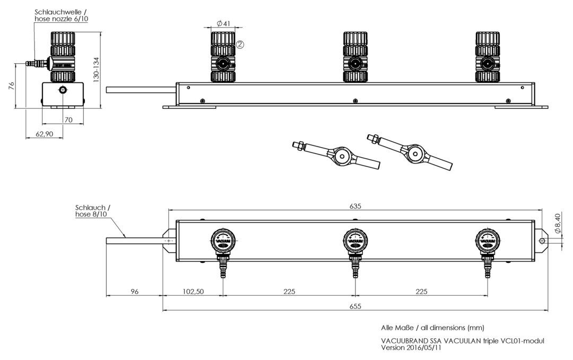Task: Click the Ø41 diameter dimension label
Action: [223, 23]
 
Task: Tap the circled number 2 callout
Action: [240, 45]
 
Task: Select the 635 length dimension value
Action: [355, 206]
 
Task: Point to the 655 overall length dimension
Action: [355, 306]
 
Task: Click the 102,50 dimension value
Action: [193, 292]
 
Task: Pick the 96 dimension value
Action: [134, 292]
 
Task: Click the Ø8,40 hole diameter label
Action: [558, 224]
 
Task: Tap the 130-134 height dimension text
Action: [96, 70]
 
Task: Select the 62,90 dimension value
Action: [44, 134]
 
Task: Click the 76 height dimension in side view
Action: [11, 86]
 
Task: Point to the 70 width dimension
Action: [68, 119]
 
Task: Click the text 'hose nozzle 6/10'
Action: [62, 19]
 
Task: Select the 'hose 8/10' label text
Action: [91, 214]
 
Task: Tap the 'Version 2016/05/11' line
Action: [411, 348]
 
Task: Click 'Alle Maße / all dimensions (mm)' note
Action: [432, 328]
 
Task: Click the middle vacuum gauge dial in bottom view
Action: [355, 241]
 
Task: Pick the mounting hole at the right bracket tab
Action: [542, 241]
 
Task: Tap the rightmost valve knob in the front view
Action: [488, 57]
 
